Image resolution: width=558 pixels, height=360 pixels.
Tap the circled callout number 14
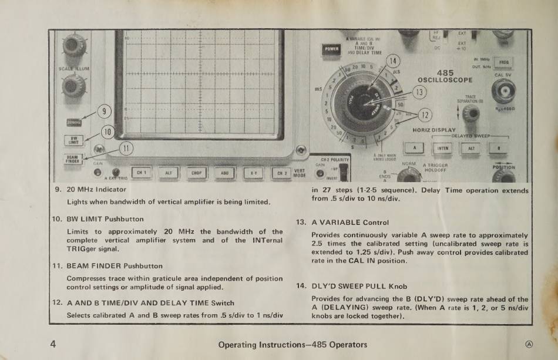click(393, 61)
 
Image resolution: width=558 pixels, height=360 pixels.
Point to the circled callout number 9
click(103, 111)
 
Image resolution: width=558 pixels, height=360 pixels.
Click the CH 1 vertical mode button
click(141, 173)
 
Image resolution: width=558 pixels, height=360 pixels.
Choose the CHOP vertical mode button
click(197, 173)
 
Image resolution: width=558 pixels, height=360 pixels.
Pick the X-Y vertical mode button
click(253, 173)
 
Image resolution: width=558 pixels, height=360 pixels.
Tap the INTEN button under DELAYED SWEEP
click(443, 149)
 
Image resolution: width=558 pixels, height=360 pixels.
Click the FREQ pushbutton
click(503, 63)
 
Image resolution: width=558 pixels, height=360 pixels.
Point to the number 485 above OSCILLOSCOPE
click(445, 72)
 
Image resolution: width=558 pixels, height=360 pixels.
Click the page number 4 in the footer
click(53, 344)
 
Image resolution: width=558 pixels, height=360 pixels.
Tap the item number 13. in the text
click(301, 223)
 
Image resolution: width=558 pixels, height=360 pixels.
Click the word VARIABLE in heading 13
click(341, 223)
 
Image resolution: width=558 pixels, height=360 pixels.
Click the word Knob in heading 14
click(397, 287)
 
